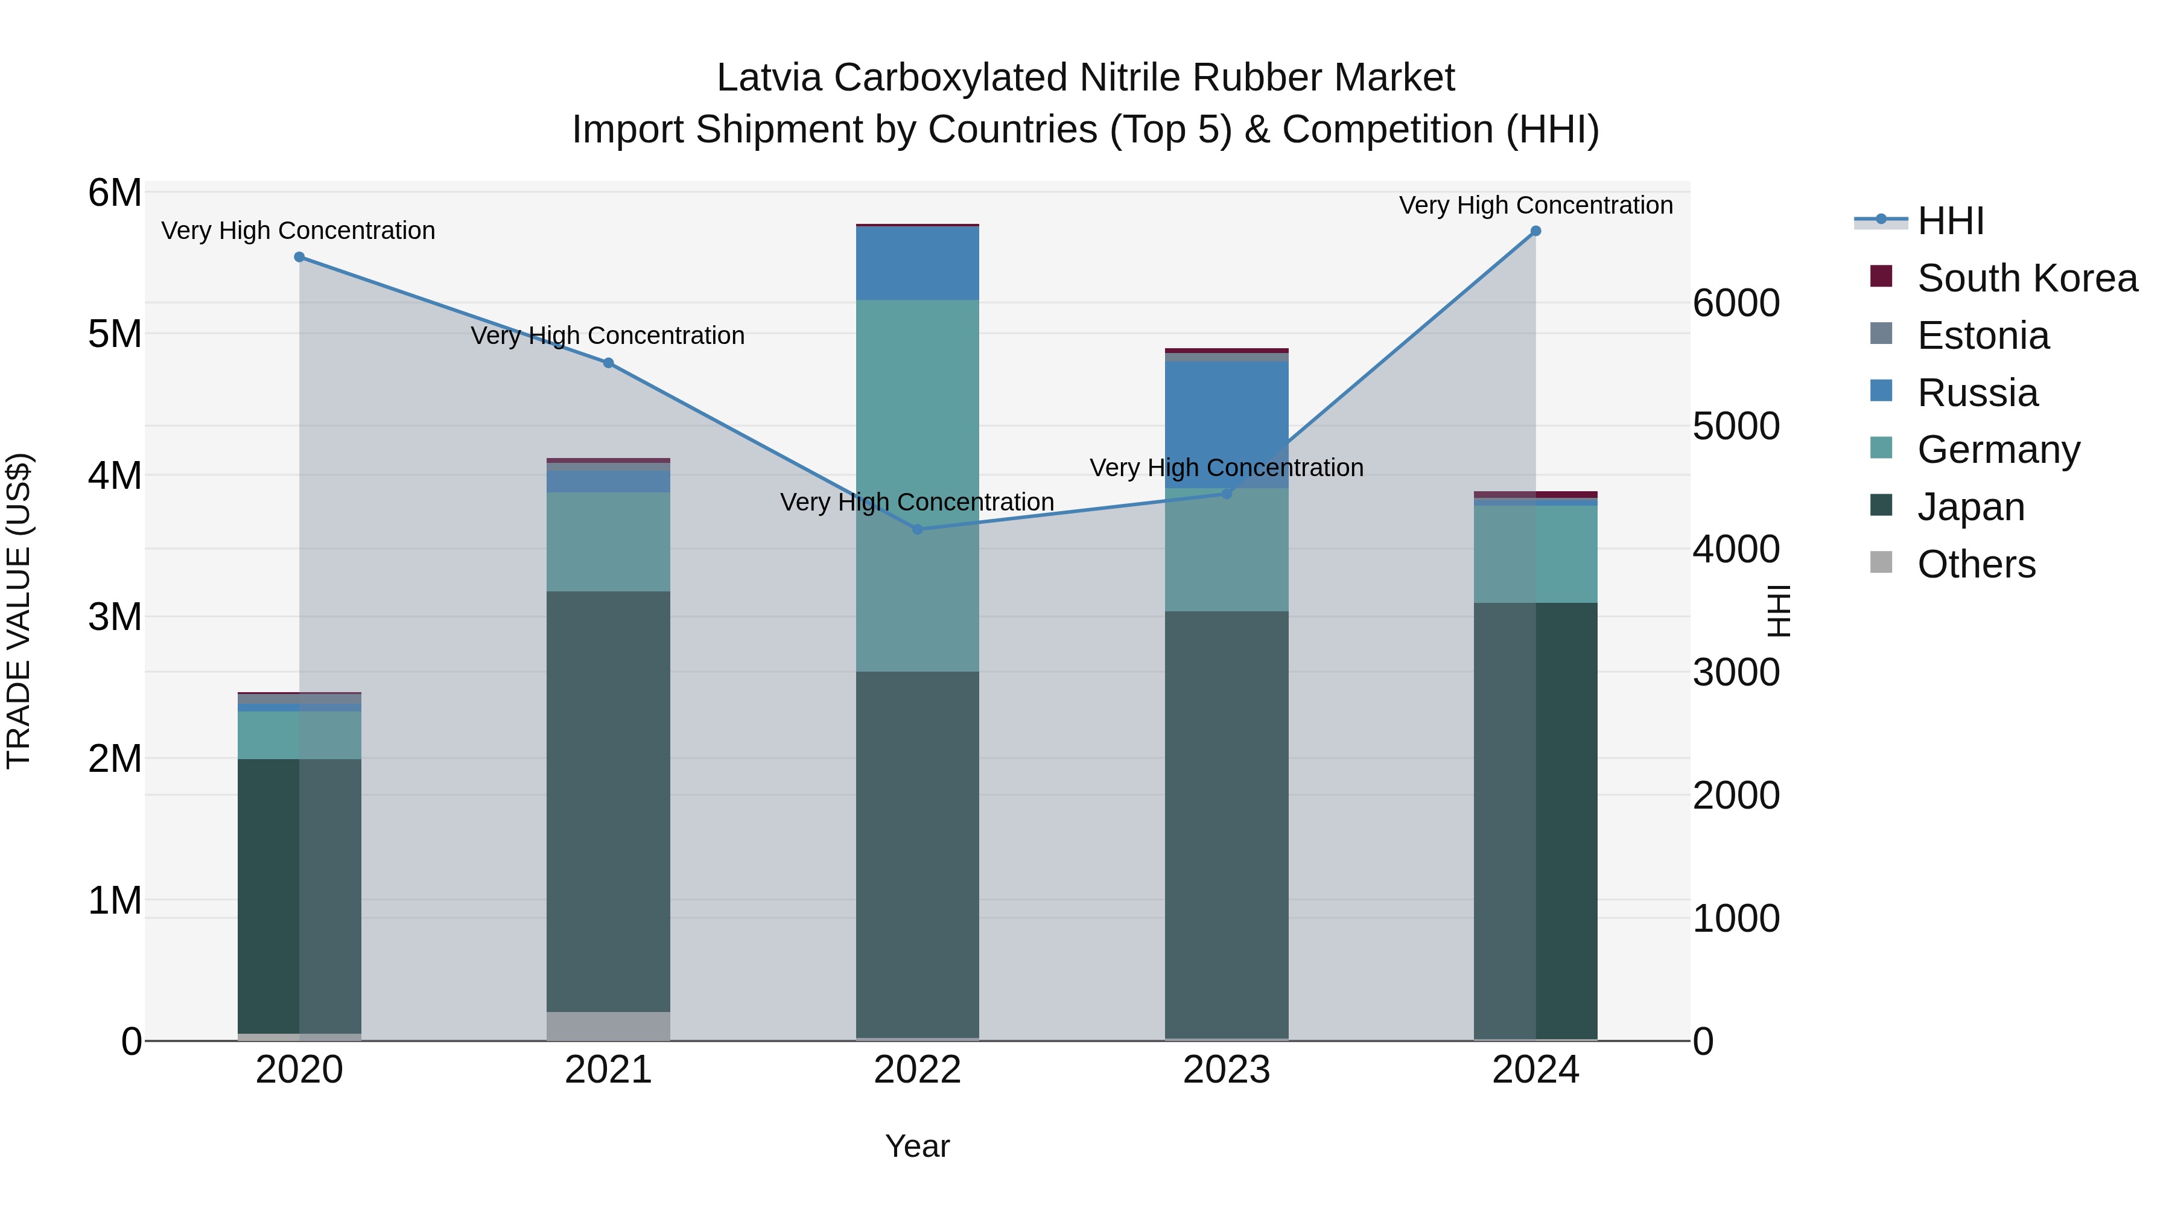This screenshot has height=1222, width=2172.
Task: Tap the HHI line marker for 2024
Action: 1535,231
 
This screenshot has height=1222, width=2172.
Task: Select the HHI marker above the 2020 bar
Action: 299,257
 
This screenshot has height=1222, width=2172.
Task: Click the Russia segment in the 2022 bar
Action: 917,263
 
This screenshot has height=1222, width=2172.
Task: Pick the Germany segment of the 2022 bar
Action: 917,485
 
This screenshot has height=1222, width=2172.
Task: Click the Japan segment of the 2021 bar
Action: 608,801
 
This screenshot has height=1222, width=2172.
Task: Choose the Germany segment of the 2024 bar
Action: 1535,553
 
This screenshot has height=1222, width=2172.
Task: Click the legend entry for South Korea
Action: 2027,278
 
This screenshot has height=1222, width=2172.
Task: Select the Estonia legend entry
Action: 1983,336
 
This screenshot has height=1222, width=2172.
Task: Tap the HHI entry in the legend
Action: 1950,221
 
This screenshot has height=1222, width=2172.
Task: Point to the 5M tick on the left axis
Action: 115,334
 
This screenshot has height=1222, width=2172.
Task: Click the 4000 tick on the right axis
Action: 1736,550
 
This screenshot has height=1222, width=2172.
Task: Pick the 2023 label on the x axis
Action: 1227,1070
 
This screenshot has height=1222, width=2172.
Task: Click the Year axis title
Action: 917,1146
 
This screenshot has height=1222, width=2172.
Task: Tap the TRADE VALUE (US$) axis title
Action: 19,611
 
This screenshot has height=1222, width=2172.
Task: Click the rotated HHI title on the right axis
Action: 1777,611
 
